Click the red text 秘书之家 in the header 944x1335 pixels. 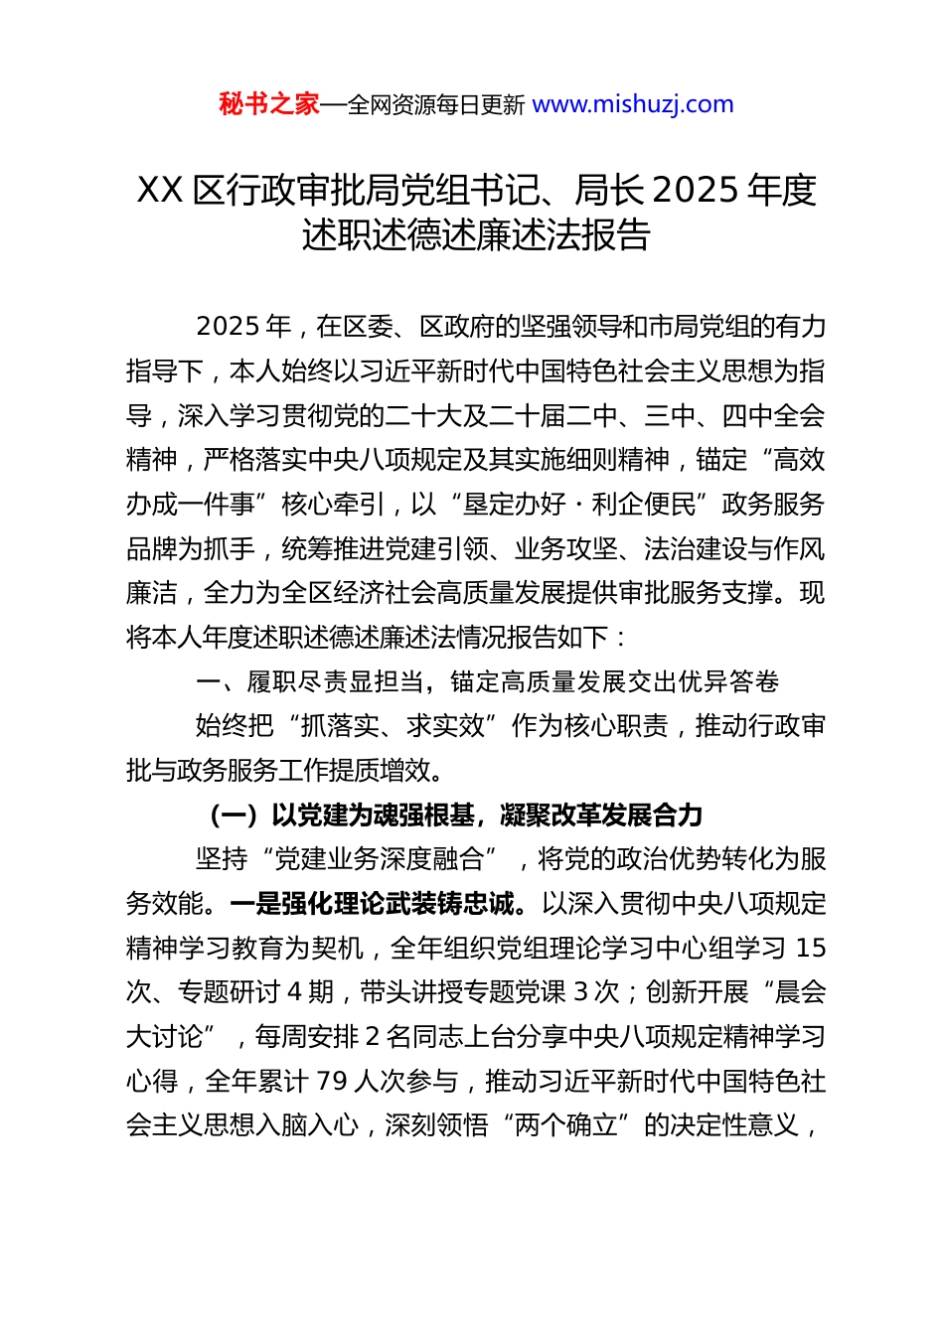tap(269, 104)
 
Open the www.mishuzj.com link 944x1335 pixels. tap(633, 104)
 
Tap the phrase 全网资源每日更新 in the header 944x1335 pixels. tap(436, 105)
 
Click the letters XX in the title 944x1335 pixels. tap(159, 190)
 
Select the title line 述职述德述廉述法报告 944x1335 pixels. tap(476, 235)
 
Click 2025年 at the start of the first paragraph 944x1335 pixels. tap(243, 327)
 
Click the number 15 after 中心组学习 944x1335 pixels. tap(811, 949)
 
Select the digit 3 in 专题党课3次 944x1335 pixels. tap(582, 992)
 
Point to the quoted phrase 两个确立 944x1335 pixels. tap(567, 1125)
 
